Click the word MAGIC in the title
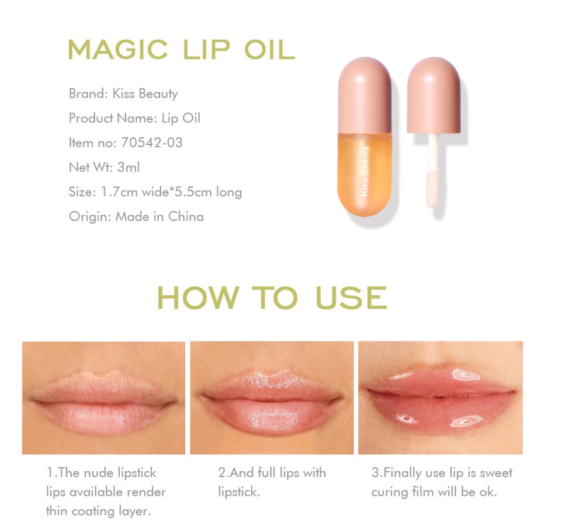pyautogui.click(x=118, y=50)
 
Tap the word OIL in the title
pyautogui.click(x=270, y=50)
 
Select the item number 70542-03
pyautogui.click(x=152, y=143)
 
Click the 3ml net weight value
pyautogui.click(x=129, y=167)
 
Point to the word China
pyautogui.click(x=186, y=216)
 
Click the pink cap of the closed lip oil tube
pyautogui.click(x=365, y=95)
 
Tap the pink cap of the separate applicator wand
pyautogui.click(x=434, y=95)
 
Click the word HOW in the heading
pyautogui.click(x=199, y=298)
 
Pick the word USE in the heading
pyautogui.click(x=352, y=298)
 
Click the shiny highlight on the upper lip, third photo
pyautogui.click(x=466, y=375)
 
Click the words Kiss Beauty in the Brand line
pyautogui.click(x=145, y=94)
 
